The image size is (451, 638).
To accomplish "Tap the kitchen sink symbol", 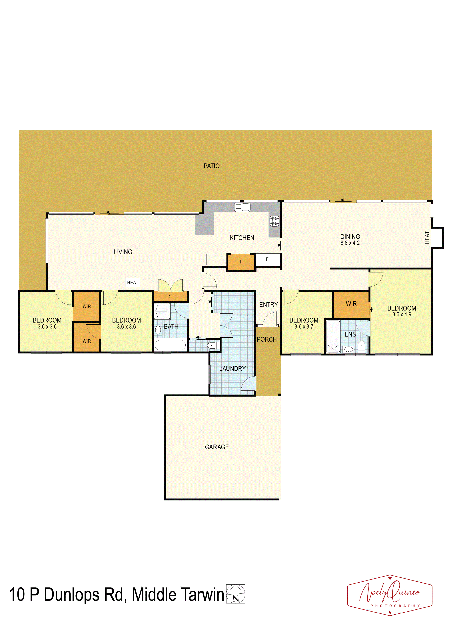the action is click(242, 207).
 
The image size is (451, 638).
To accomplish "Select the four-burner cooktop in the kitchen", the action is click(274, 221).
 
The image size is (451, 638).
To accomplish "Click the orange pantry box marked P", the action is click(241, 262).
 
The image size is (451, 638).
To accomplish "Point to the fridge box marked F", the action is click(268, 259).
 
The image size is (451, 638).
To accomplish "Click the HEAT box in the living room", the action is click(133, 283).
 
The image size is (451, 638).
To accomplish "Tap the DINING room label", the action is click(350, 237).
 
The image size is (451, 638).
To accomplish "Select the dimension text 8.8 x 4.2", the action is click(350, 243).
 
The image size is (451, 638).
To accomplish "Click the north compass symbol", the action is click(236, 594).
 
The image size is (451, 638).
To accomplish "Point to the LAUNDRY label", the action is click(232, 369).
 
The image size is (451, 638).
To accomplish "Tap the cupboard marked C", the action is click(170, 297).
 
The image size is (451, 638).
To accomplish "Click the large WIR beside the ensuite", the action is click(351, 304).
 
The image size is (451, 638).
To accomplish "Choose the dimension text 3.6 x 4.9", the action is click(402, 315).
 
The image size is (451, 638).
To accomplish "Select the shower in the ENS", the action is click(333, 337).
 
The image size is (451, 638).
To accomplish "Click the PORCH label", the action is click(267, 340).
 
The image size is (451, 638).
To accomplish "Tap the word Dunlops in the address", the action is click(71, 595).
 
